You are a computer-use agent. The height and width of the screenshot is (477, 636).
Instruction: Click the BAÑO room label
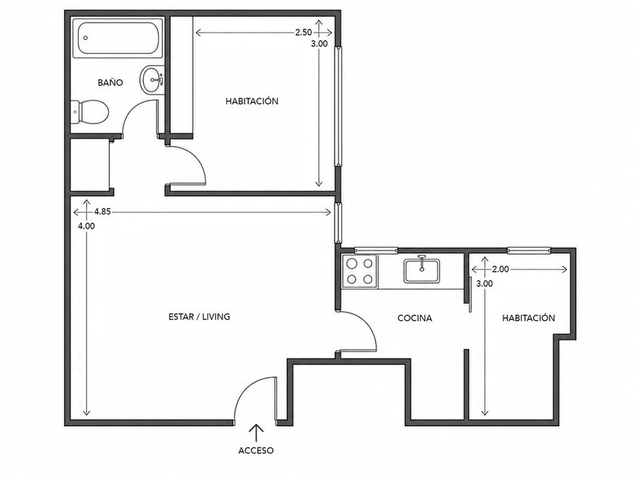(111, 83)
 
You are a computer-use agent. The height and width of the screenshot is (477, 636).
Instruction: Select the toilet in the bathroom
(90, 112)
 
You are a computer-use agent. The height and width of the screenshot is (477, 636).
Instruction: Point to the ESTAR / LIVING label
(199, 316)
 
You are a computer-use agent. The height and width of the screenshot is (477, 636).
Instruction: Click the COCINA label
(415, 318)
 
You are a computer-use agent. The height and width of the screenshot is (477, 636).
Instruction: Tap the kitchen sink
(422, 270)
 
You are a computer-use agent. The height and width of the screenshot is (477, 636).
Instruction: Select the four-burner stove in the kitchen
(360, 271)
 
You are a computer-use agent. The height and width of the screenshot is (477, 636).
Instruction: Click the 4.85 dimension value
(102, 211)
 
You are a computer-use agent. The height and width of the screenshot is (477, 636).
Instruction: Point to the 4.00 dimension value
(86, 226)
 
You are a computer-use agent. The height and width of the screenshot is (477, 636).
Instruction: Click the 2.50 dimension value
(304, 33)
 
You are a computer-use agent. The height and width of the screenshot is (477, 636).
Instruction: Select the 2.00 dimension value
(500, 269)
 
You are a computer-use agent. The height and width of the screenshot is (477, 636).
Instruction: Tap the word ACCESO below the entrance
(256, 450)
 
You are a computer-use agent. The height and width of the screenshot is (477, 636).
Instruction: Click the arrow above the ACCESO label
(256, 433)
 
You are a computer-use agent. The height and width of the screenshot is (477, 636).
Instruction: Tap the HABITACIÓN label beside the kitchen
(528, 317)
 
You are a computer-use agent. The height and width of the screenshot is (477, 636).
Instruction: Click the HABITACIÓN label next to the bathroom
(252, 101)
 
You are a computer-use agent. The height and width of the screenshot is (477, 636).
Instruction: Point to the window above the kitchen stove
(376, 251)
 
